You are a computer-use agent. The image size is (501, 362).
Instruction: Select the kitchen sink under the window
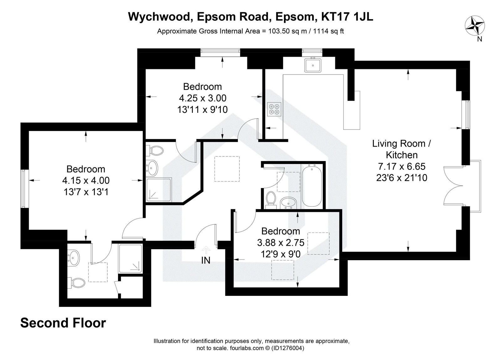312,66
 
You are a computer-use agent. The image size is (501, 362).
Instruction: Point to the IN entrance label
206,260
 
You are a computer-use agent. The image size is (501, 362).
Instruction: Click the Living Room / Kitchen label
402,149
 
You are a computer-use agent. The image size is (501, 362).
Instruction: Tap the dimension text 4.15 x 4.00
86,181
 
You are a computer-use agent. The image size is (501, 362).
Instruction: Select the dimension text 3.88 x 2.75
281,243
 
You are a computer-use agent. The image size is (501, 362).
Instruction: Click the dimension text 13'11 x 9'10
202,109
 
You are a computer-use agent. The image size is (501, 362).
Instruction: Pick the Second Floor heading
63,323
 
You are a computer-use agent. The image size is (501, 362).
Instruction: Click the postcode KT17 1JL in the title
347,17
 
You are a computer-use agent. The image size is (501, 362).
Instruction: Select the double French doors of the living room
453,186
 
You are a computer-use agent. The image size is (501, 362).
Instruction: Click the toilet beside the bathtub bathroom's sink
270,200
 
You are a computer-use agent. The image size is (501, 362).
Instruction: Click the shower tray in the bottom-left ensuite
131,259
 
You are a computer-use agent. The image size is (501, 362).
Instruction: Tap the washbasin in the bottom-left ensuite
75,258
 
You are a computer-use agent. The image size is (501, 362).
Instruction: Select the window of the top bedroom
220,52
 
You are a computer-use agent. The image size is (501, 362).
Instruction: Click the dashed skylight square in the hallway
227,169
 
